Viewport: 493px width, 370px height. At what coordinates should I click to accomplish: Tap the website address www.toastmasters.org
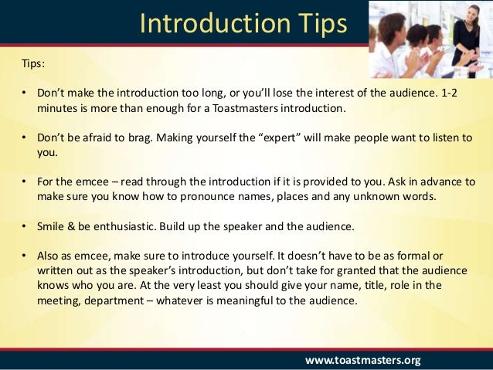362,359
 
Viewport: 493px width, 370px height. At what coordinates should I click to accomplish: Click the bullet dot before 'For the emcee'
25,182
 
